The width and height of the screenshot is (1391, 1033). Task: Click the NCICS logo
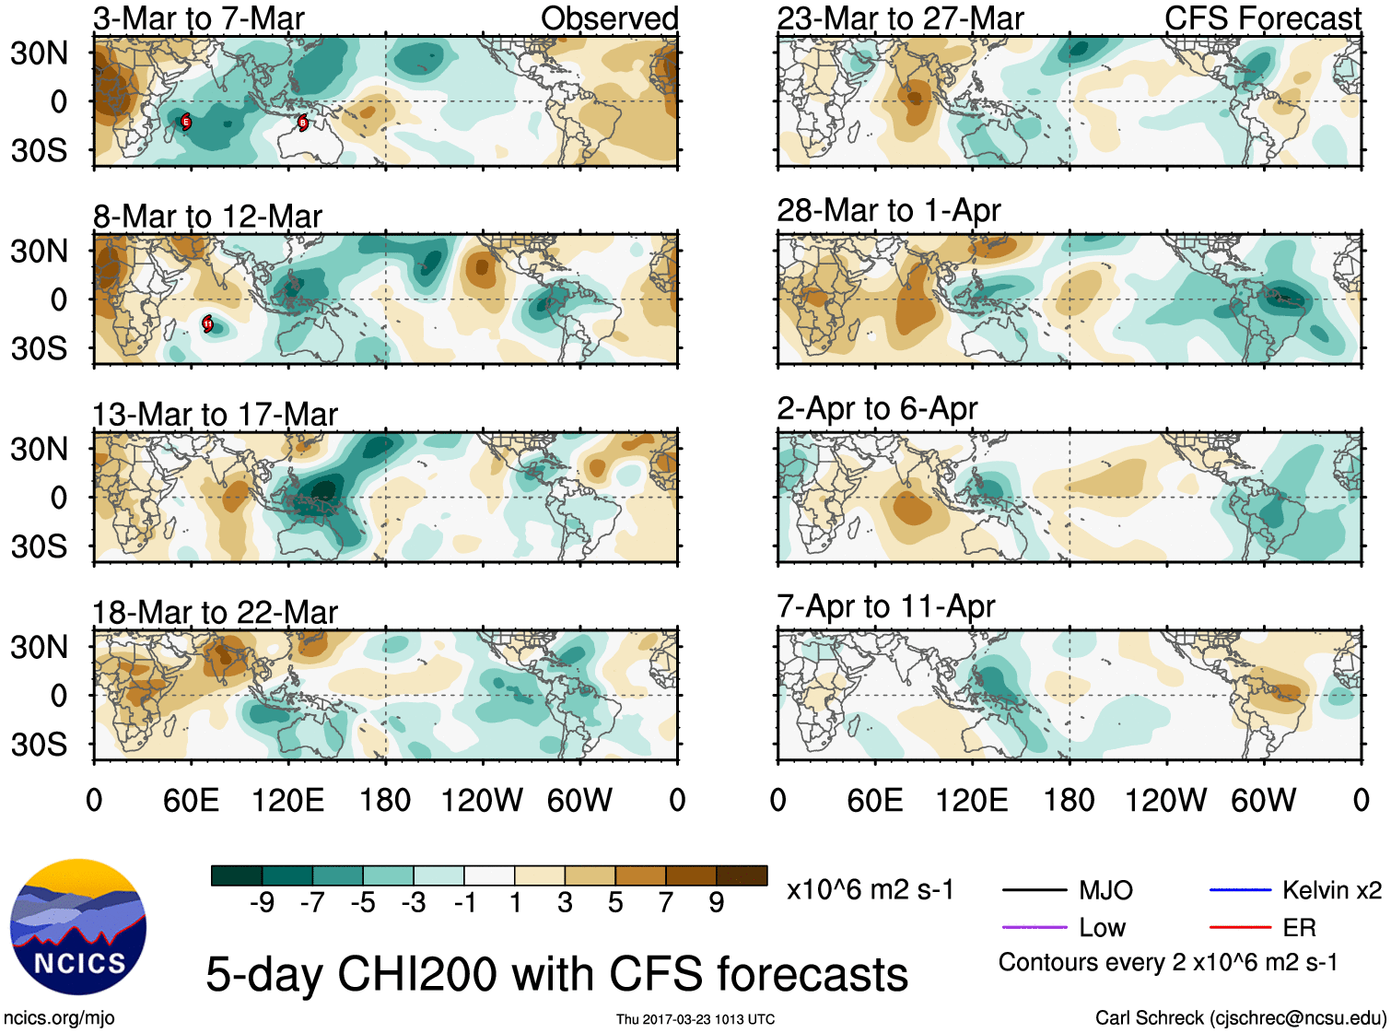tap(78, 927)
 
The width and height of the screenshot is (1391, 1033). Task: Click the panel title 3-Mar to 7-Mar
tap(198, 18)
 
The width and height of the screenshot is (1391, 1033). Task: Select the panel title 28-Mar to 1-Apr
tap(888, 210)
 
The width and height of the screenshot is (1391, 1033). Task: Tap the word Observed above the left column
tap(609, 18)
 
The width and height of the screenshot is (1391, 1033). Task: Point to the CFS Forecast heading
tap(1262, 18)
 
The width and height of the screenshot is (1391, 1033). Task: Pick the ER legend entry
tap(1299, 927)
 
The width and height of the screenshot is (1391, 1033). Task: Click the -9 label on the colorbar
tap(262, 902)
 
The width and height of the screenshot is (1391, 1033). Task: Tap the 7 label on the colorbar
tap(666, 902)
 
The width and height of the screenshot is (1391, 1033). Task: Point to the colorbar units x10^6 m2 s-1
tap(870, 890)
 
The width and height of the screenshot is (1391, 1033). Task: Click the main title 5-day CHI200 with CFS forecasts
tap(556, 974)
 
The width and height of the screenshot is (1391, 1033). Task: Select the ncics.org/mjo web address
tap(59, 1017)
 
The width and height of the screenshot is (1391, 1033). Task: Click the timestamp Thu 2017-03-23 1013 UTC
tap(695, 1019)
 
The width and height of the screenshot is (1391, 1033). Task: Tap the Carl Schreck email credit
tap(1240, 1017)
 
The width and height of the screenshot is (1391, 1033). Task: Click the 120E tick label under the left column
tap(287, 800)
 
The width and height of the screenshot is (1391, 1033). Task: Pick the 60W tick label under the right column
tap(1263, 800)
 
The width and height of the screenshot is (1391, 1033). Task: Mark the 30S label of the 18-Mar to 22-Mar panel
tap(39, 745)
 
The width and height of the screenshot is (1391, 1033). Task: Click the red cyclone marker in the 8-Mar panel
tap(208, 323)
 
